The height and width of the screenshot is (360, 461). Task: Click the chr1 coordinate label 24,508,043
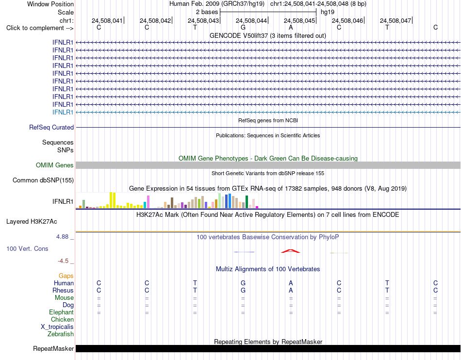pos(203,20)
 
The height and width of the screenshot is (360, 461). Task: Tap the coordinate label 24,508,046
pos(347,20)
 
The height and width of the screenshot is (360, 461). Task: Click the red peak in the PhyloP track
pos(291,251)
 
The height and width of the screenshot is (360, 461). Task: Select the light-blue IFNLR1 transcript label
pos(63,112)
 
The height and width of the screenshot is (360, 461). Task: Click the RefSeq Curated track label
pos(51,127)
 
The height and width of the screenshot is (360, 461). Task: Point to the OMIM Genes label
pos(55,165)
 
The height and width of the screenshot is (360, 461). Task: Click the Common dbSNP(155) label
pos(43,180)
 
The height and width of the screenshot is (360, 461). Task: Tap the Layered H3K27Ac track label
pos(32,222)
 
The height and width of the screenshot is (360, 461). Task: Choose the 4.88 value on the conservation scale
pos(62,237)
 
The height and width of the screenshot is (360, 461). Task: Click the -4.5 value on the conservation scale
pos(63,261)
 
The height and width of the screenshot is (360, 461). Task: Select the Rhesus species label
pos(63,290)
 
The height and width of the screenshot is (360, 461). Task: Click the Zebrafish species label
pos(61,334)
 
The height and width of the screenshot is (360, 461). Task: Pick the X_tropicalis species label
pos(57,327)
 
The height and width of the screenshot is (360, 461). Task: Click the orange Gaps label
pos(66,276)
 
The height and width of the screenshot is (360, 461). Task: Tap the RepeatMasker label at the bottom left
pos(53,348)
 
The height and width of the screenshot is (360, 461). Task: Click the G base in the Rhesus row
pos(243,290)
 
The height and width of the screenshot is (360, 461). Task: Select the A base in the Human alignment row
pos(291,283)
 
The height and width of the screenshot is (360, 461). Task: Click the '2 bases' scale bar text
pos(207,12)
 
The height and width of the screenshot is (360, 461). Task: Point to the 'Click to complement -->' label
pos(40,28)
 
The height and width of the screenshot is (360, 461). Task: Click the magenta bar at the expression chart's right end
pos(257,207)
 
